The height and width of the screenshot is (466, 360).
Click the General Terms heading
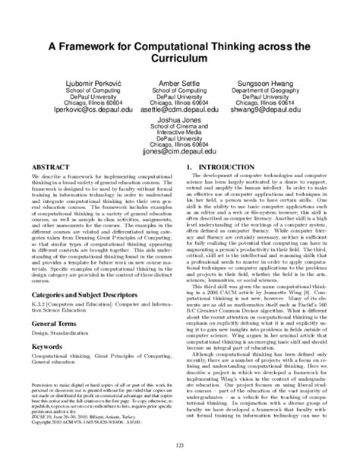pyautogui.click(x=49, y=345)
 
